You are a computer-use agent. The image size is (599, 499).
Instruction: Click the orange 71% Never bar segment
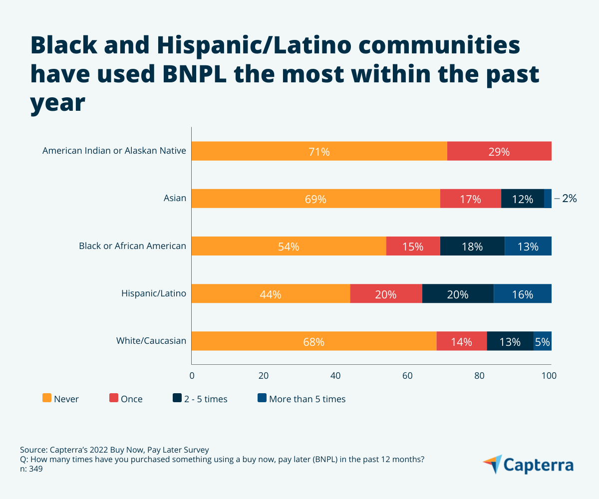319,151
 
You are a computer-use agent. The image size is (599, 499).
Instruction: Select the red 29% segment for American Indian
499,151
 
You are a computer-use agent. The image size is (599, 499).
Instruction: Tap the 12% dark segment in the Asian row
523,199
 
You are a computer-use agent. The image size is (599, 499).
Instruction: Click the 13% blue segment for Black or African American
528,246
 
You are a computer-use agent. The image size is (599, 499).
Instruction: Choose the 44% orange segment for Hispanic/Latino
271,294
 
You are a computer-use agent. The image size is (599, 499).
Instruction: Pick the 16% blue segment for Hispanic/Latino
523,294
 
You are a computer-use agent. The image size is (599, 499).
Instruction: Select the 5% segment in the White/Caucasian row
542,341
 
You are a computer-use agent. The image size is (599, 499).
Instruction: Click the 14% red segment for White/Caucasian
462,341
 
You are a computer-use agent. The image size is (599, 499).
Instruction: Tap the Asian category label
175,198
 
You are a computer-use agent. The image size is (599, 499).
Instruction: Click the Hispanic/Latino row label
154,293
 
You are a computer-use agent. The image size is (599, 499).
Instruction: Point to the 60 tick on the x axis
408,375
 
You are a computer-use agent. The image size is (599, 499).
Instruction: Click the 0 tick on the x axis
192,375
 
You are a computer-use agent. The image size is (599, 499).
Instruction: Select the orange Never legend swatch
47,398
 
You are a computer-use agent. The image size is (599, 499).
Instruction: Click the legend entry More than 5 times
307,399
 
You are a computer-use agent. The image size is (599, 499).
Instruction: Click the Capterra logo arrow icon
493,464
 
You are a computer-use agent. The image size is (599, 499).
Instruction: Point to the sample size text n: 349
31,469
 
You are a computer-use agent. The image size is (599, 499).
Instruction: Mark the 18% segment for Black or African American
472,246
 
